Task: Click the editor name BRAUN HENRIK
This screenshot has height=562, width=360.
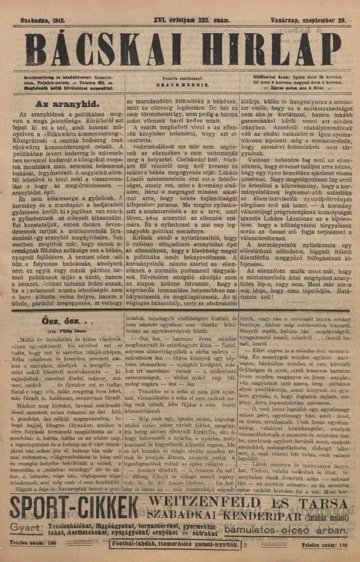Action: pyautogui.click(x=178, y=81)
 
